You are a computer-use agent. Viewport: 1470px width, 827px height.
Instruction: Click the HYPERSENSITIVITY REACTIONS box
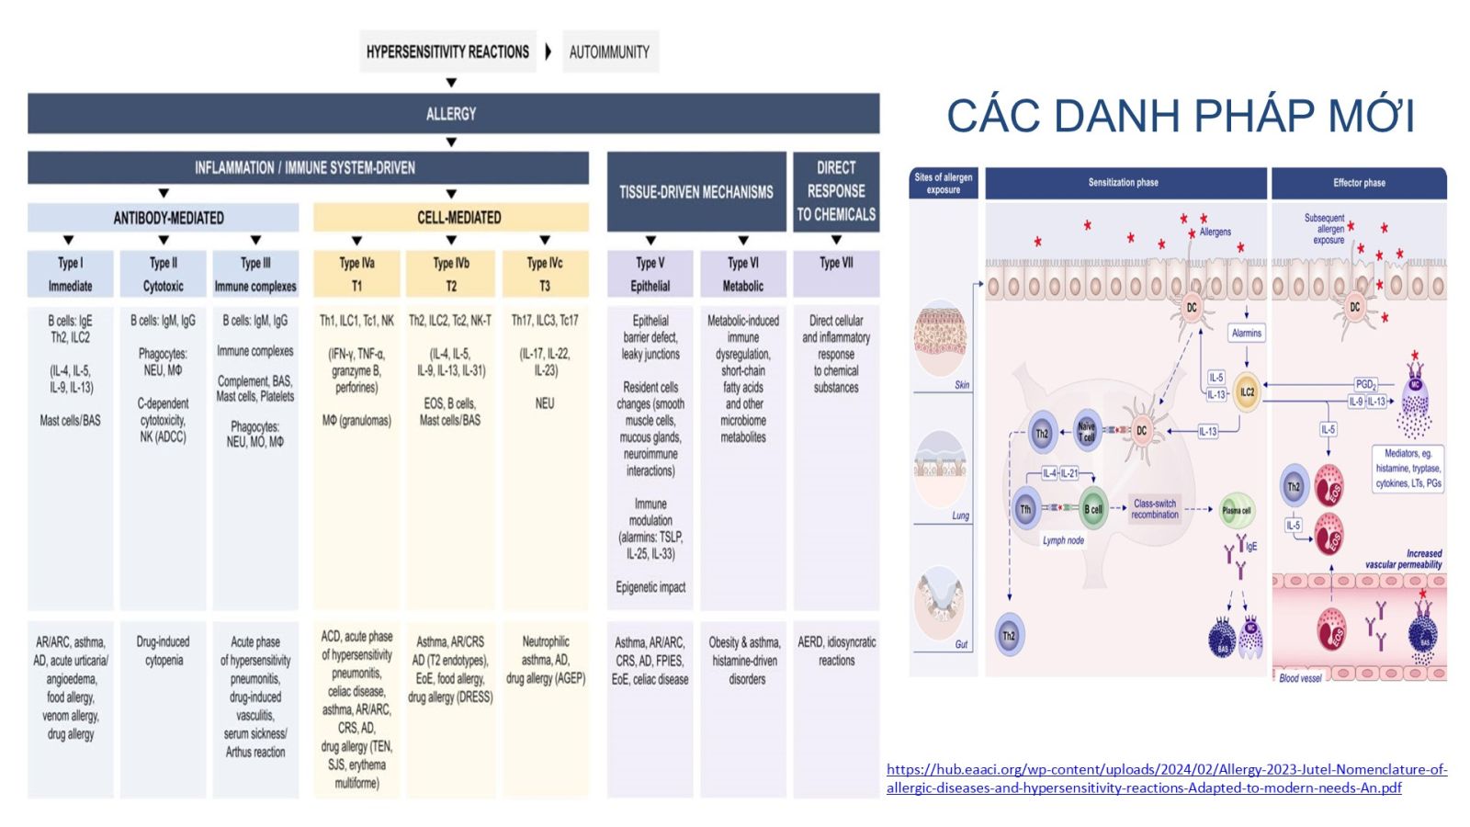pos(447,51)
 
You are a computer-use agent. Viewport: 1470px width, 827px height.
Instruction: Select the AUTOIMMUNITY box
pos(609,51)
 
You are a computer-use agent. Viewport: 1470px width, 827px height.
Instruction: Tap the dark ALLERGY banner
pos(452,114)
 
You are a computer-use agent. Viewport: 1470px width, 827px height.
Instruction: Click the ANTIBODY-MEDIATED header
pos(164,218)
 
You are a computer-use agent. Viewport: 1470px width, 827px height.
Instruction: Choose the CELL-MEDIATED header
pos(451,218)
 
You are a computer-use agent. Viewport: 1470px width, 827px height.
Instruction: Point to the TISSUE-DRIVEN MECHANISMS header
pos(695,192)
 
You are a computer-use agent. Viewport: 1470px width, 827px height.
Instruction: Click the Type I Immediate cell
pos(71,274)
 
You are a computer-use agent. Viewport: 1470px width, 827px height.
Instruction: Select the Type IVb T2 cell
pos(451,274)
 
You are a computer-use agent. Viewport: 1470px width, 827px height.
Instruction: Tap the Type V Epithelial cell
pos(650,274)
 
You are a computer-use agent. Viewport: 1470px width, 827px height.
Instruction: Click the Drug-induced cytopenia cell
pos(164,651)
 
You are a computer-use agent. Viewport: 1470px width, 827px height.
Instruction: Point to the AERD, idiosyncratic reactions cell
pos(836,651)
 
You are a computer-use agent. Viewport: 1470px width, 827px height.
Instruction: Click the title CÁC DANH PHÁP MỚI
pos(1181,116)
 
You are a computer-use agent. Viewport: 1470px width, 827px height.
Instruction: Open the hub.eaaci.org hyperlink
pos(1166,778)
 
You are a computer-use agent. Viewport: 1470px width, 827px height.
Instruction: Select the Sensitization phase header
pos(1124,183)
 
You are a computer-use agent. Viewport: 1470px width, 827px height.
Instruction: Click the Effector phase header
pos(1359,183)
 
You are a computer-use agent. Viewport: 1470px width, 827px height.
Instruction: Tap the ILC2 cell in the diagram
pos(1247,392)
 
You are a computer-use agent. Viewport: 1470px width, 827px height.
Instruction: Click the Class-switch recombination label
pos(1155,509)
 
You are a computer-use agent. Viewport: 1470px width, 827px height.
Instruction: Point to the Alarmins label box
pos(1247,334)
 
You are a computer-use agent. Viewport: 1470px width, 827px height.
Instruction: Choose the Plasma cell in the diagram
pos(1237,511)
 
